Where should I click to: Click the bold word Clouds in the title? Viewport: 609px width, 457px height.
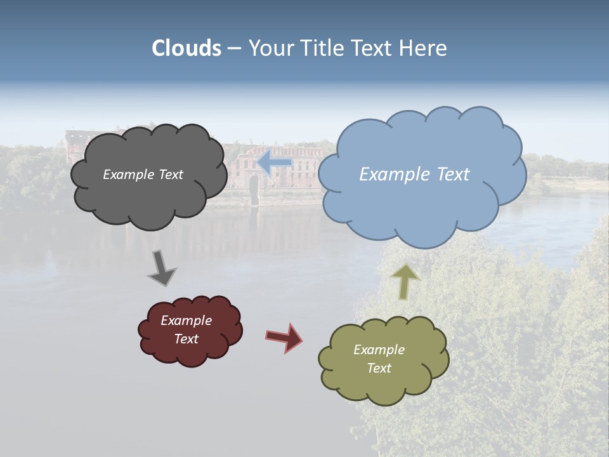pos(187,48)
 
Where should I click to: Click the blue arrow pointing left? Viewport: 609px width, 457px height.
pos(274,162)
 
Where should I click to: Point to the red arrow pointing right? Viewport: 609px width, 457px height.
pos(284,337)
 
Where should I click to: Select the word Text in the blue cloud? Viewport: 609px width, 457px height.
pos(449,175)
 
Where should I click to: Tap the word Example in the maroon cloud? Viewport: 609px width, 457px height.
pos(186,321)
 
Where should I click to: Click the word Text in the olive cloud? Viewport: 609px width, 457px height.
pos(379,368)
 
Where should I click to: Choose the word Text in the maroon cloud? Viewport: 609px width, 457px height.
pos(186,339)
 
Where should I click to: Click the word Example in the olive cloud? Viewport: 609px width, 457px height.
pos(379,350)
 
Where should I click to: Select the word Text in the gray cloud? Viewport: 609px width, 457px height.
pos(170,175)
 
